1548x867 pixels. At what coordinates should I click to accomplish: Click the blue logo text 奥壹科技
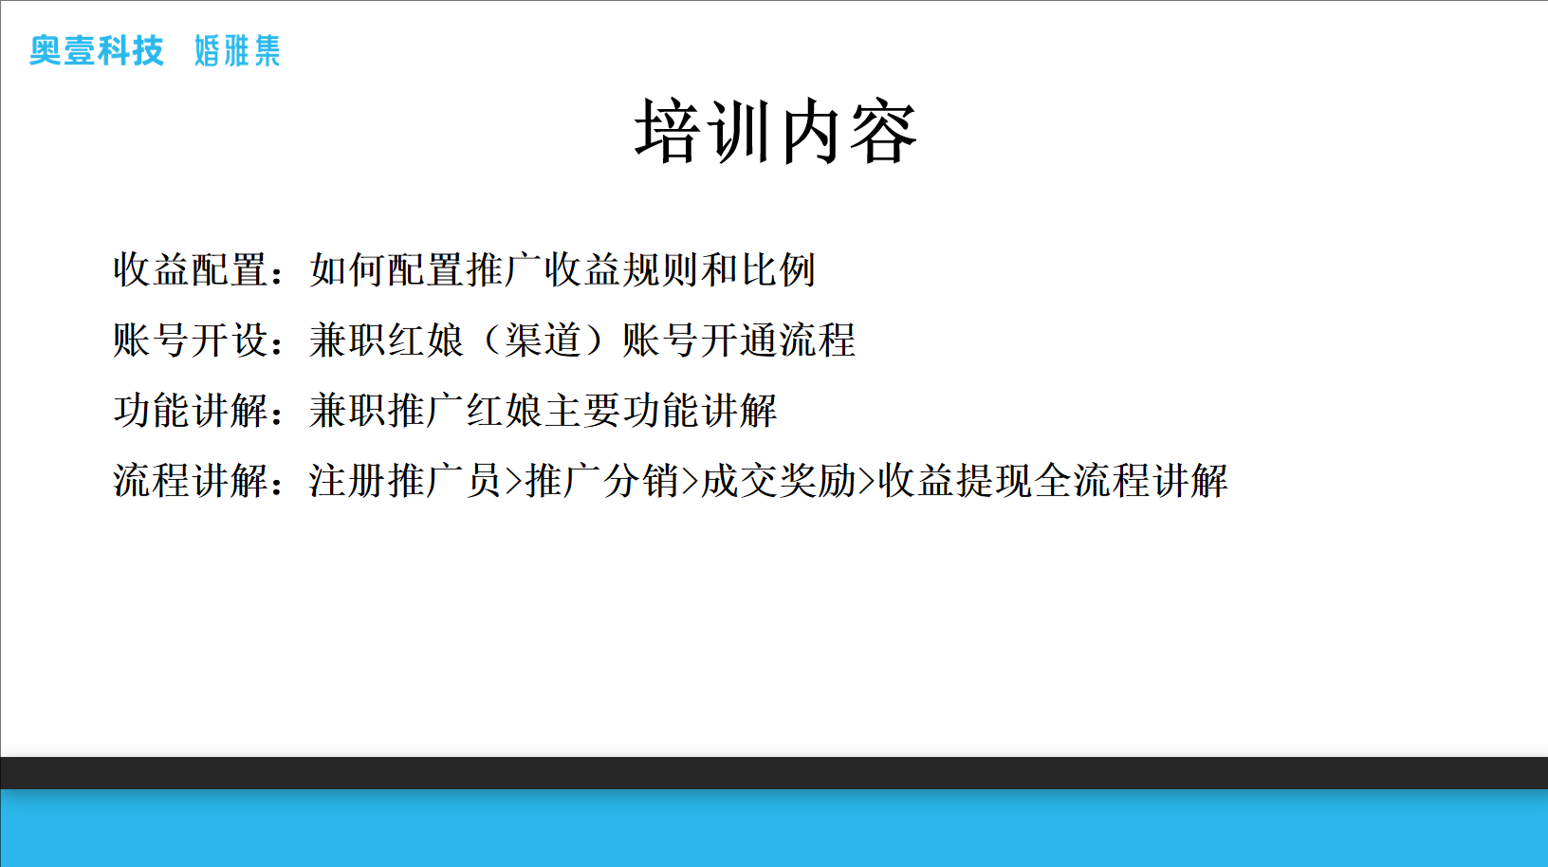point(97,51)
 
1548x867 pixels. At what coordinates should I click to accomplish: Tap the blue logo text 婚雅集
point(237,51)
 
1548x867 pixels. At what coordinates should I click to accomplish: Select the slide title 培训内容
point(776,131)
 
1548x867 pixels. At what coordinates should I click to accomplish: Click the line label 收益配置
point(192,269)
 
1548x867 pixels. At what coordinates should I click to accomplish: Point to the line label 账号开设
point(192,340)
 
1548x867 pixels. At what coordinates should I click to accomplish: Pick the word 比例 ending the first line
point(779,269)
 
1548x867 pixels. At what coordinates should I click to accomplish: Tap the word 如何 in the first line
point(348,269)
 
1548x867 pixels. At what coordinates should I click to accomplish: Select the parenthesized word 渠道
point(544,340)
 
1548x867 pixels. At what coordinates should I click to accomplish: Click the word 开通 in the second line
point(739,340)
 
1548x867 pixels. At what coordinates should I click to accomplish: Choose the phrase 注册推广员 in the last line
point(405,481)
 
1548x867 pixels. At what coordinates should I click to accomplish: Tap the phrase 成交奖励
point(779,481)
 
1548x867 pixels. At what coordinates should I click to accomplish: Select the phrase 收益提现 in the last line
point(956,481)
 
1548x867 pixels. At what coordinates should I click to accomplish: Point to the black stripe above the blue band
point(774,773)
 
